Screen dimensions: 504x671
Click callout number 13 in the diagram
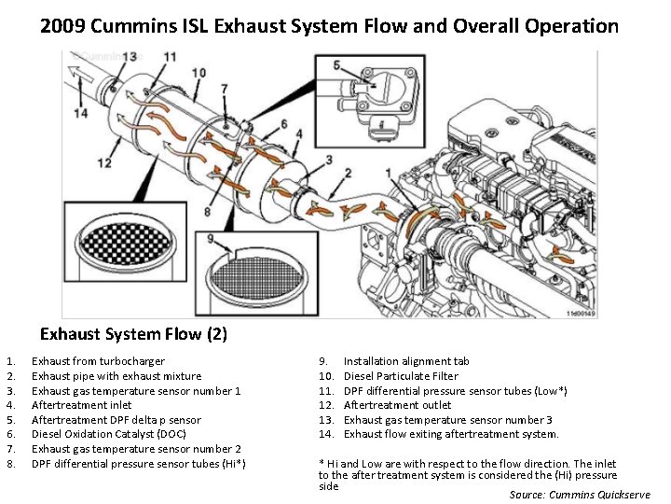pyautogui.click(x=129, y=58)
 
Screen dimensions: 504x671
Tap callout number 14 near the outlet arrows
pyautogui.click(x=81, y=113)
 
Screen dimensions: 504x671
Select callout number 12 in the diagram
pyautogui.click(x=103, y=163)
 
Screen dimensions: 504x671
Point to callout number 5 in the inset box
pyautogui.click(x=336, y=66)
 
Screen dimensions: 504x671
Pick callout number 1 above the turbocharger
pyautogui.click(x=387, y=172)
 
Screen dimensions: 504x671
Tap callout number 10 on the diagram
pyautogui.click(x=199, y=73)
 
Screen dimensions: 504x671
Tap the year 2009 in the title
pyautogui.click(x=64, y=26)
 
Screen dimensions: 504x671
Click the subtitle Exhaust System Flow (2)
pyautogui.click(x=133, y=333)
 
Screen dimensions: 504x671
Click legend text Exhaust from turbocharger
pyautogui.click(x=98, y=361)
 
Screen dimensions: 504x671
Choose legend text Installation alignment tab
pyautogui.click(x=406, y=361)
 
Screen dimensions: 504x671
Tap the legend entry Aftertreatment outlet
pyautogui.click(x=397, y=405)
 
